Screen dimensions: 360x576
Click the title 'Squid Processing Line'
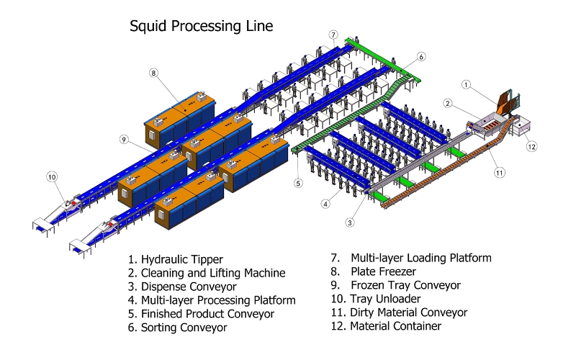tap(201, 27)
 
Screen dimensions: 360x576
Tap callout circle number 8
tap(153, 72)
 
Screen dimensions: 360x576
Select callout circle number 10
tap(51, 176)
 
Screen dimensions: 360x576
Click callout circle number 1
tap(466, 84)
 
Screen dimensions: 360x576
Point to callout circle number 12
tap(531, 147)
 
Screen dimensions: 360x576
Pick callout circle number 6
tap(421, 56)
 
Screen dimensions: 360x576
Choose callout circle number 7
tap(333, 34)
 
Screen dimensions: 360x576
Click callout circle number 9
tap(124, 139)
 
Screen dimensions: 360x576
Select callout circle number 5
tap(298, 183)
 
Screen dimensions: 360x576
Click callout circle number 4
tap(326, 204)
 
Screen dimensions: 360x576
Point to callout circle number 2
tap(447, 104)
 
